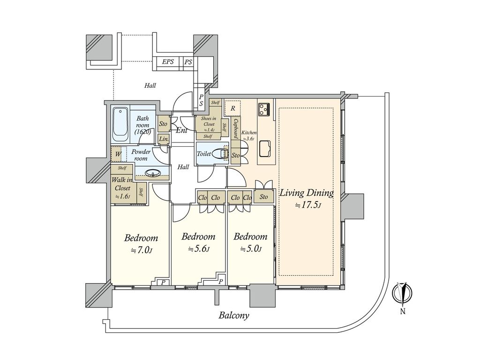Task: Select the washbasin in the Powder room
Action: point(152,173)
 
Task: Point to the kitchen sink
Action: point(265,148)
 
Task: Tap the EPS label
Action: point(168,62)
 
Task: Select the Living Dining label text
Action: point(307,193)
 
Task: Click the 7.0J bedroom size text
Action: point(142,250)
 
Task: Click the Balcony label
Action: point(234,315)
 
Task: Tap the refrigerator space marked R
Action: point(233,108)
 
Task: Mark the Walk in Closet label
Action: point(122,184)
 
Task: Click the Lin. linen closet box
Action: point(164,139)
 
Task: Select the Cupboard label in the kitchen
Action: point(236,129)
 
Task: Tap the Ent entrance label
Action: point(181,130)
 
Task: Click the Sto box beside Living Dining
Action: point(263,197)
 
